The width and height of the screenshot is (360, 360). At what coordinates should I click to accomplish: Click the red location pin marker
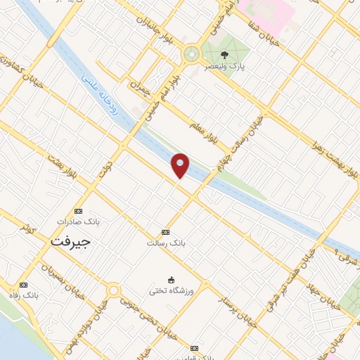tap(181, 165)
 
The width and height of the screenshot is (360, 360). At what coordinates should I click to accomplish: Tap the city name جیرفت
tap(71, 240)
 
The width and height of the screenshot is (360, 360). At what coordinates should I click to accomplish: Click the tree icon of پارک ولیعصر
tap(224, 55)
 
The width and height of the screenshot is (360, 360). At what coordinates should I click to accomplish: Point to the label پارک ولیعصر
tap(225, 67)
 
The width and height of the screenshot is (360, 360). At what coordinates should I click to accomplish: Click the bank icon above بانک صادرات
tap(78, 211)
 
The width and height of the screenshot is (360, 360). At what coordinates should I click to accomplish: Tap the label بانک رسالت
tap(165, 243)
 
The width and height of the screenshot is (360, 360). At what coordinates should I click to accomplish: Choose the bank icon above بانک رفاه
tap(24, 285)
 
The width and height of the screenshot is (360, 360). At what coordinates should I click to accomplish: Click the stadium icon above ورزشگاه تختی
tap(170, 279)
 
